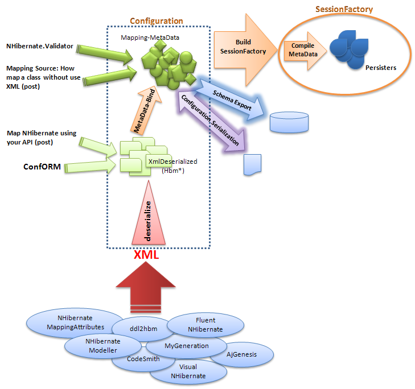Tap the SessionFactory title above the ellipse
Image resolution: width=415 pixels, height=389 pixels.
[x=344, y=9]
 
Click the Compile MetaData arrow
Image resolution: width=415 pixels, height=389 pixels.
[x=301, y=49]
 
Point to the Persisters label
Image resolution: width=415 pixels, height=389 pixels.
[x=381, y=68]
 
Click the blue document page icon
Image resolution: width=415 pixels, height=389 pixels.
[x=252, y=164]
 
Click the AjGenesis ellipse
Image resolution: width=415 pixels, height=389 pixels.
[x=241, y=354]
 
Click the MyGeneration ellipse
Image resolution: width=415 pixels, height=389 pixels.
[x=186, y=345]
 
